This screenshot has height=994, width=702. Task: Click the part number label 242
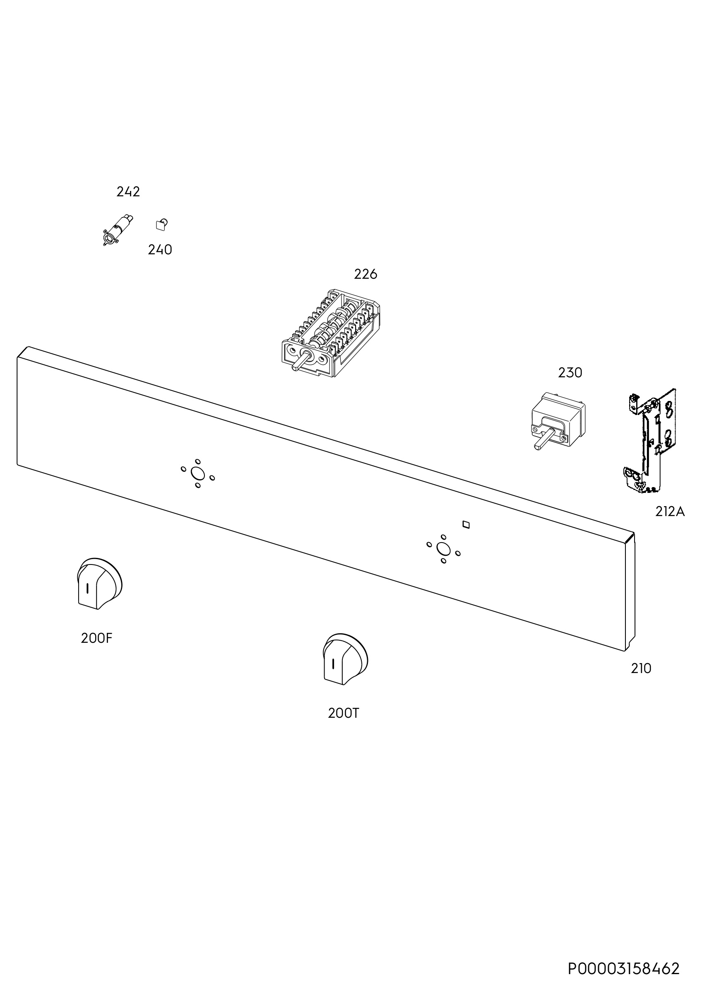(x=128, y=192)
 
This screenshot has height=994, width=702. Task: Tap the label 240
(x=160, y=250)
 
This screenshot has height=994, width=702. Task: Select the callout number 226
(x=365, y=274)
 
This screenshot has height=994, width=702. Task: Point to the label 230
(x=570, y=373)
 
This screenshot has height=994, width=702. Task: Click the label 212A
(x=670, y=512)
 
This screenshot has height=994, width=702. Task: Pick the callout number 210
(x=641, y=669)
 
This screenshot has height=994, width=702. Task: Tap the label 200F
(x=96, y=638)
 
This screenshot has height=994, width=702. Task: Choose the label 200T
(x=344, y=713)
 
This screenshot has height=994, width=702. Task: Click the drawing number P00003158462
(x=624, y=968)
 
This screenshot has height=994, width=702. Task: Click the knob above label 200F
(x=99, y=584)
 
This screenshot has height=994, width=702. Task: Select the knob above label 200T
(x=345, y=659)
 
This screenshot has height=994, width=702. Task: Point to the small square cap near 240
(x=161, y=224)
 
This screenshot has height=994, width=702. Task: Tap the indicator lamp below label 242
(x=118, y=230)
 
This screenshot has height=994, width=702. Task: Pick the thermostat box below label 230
(x=558, y=420)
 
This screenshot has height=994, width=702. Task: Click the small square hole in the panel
(x=466, y=525)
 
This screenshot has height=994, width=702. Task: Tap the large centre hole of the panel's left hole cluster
(x=198, y=473)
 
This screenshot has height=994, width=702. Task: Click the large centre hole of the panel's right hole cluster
(x=443, y=549)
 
